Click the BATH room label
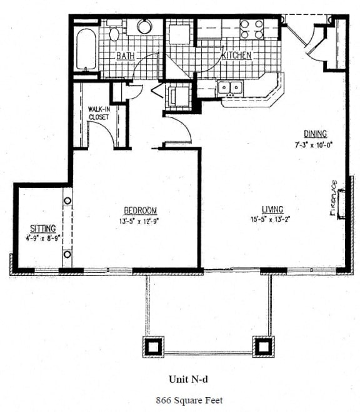[125, 56]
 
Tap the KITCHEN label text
[237, 55]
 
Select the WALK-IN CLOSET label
[99, 113]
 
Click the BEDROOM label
[141, 210]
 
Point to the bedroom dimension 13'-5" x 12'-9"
[139, 221]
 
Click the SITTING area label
[43, 228]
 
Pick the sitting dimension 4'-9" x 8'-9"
[43, 238]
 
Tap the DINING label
[316, 134]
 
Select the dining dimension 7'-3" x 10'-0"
[314, 145]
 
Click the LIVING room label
[272, 209]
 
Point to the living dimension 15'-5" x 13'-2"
[270, 219]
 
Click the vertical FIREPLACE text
[333, 198]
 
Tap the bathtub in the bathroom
[86, 49]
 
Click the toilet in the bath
[114, 31]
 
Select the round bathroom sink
[144, 26]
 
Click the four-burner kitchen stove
[252, 29]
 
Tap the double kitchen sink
[230, 87]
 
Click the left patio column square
[153, 346]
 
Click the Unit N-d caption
[188, 379]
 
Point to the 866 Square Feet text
[189, 400]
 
